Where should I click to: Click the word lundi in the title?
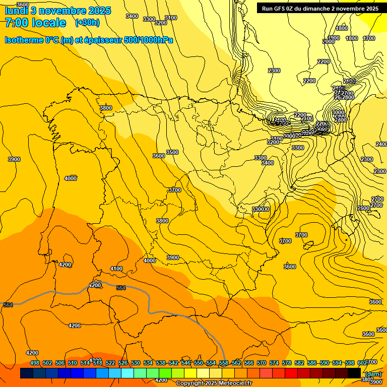click(16, 11)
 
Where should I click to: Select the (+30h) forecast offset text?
click(87, 23)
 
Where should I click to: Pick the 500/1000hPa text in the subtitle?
click(148, 40)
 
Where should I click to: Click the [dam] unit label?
click(373, 374)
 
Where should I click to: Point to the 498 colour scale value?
click(35, 363)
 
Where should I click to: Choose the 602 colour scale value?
click(362, 363)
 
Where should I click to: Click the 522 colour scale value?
click(110, 363)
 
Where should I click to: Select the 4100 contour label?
click(116, 269)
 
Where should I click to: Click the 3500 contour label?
click(172, 152)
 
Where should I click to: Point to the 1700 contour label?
click(369, 38)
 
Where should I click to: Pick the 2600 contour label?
click(363, 208)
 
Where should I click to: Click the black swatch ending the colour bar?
click(354, 373)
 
